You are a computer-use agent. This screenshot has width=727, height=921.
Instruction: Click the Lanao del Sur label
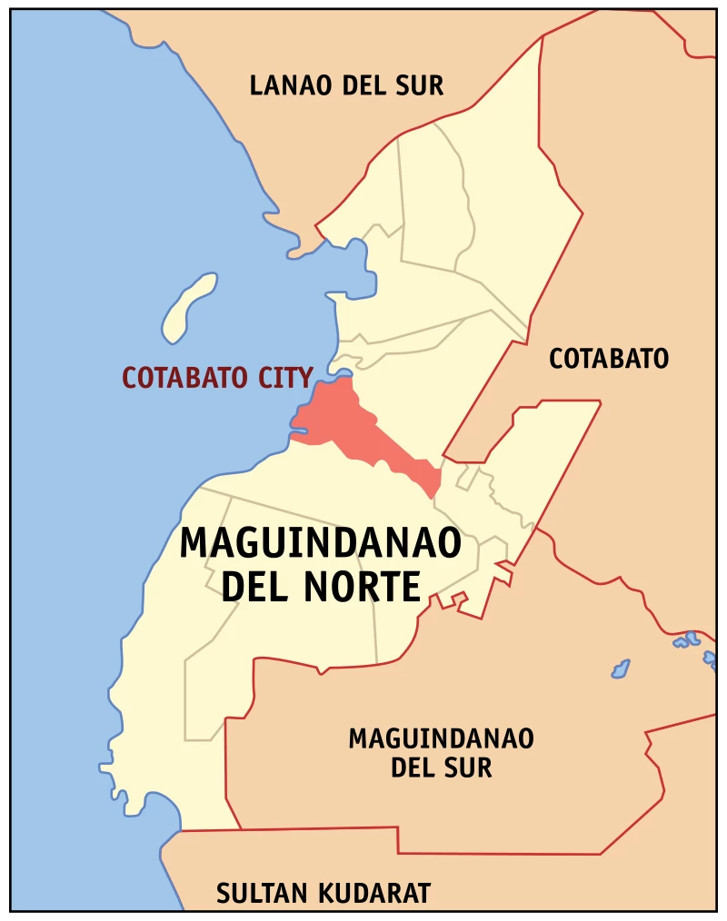346,86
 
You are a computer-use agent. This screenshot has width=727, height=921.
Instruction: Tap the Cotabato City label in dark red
218,377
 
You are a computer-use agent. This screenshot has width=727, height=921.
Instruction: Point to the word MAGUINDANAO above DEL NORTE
320,543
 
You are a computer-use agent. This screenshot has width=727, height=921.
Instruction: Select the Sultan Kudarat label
323,894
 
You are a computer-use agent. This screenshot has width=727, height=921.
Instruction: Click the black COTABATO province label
608,359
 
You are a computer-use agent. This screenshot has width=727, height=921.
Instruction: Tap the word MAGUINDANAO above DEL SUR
441,738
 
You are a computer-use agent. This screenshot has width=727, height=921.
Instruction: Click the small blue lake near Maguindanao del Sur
621,669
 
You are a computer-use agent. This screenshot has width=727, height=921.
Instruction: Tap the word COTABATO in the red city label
184,377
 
